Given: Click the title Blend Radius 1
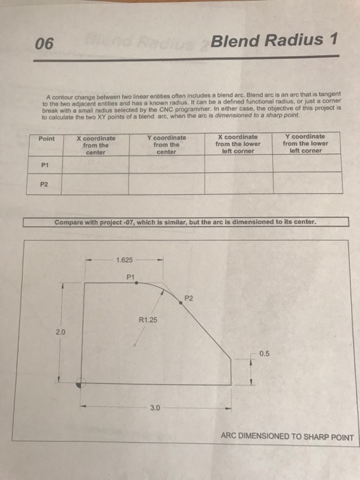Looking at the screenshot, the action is [x=274, y=41].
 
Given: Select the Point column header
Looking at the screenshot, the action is [x=47, y=139].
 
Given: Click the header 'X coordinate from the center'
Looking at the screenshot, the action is [x=95, y=144].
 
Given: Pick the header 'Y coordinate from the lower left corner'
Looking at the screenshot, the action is [x=305, y=144].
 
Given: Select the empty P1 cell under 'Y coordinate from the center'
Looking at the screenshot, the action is [x=166, y=165].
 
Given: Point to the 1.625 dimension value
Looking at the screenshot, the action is [x=125, y=261].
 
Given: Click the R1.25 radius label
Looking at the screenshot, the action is [x=147, y=320].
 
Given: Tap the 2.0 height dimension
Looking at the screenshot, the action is [x=60, y=332].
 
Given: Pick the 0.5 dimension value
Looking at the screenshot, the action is [x=265, y=354].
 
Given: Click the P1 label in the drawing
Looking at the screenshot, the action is [x=131, y=276].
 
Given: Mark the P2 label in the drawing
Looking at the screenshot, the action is [x=189, y=298].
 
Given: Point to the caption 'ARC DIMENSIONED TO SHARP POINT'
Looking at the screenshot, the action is [x=287, y=437].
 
